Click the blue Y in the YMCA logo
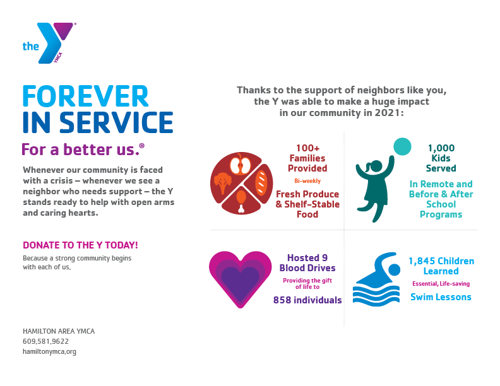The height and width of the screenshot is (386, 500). click(x=49, y=43)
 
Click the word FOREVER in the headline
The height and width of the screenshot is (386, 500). click(x=85, y=96)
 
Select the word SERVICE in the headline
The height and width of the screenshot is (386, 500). click(x=116, y=122)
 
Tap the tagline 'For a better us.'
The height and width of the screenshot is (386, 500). click(x=83, y=149)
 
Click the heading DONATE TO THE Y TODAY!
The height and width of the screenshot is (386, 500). click(x=80, y=245)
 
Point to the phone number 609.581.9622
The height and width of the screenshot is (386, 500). click(x=45, y=341)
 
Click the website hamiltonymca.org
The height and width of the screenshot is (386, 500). click(x=49, y=351)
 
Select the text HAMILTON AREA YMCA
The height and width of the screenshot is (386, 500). click(x=59, y=331)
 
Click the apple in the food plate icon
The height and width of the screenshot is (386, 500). click(x=241, y=165)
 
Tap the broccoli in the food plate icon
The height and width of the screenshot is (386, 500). click(x=223, y=183)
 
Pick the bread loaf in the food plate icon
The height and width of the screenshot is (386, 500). click(x=261, y=183)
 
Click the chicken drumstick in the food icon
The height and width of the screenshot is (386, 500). click(x=241, y=201)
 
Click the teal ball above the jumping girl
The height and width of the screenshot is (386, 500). click(x=402, y=146)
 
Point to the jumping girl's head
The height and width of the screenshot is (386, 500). click(x=376, y=167)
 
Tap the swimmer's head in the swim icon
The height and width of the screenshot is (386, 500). click(x=394, y=270)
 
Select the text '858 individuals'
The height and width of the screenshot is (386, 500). click(x=307, y=300)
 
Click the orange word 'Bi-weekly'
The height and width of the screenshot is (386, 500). click(x=307, y=181)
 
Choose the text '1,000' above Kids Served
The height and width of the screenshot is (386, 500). click(x=441, y=148)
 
